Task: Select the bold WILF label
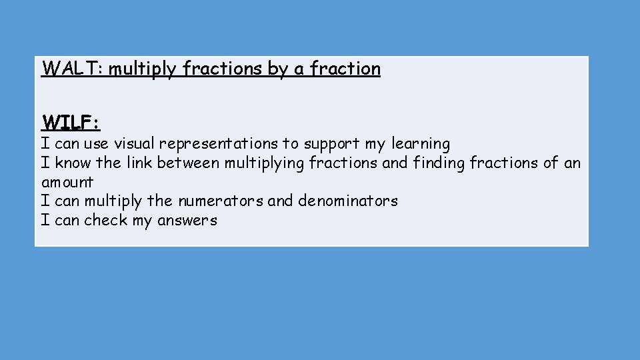[x=71, y=123]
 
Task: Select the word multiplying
[x=265, y=163]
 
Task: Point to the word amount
[x=67, y=183]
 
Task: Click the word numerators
[x=223, y=201]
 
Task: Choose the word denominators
[x=348, y=201]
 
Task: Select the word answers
[x=187, y=221]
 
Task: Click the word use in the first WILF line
[x=97, y=144]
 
